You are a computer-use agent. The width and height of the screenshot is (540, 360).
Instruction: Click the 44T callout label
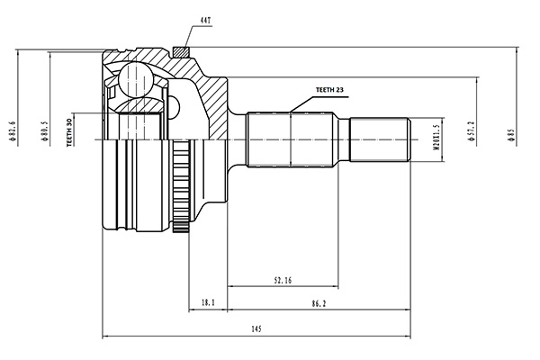(x=205, y=21)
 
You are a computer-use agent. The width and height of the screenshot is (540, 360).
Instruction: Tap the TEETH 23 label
(x=329, y=90)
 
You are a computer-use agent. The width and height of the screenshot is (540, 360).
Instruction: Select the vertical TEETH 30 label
(x=69, y=132)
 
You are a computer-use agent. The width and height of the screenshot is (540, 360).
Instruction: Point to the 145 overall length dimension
(x=256, y=329)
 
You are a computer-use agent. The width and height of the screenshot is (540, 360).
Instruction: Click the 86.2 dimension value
(x=319, y=303)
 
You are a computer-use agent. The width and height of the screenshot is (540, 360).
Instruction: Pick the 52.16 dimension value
(x=283, y=281)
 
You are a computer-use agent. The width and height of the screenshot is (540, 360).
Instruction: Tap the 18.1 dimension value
(x=208, y=302)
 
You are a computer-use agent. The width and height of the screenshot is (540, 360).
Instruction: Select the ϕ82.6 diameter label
(x=13, y=130)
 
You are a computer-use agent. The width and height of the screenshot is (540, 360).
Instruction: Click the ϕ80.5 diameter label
(x=44, y=130)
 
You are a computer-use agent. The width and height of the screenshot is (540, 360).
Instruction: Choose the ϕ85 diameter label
(x=511, y=134)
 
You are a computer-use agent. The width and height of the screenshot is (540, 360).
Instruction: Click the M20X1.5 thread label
(x=436, y=137)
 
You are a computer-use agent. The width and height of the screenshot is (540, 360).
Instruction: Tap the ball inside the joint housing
(x=135, y=80)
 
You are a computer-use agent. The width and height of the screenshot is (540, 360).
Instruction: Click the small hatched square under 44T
(x=181, y=52)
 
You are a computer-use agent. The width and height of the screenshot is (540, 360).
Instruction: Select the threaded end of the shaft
(x=380, y=139)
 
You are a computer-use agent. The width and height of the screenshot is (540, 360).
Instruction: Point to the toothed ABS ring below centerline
(x=181, y=186)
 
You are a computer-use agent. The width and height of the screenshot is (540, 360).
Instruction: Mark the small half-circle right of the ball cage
(x=175, y=108)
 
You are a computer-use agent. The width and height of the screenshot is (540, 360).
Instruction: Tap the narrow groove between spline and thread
(x=344, y=139)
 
